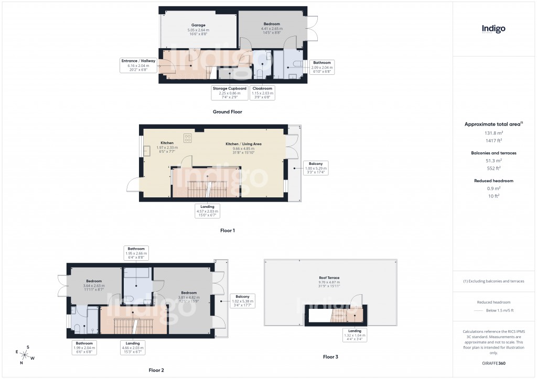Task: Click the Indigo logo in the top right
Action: (x=493, y=29)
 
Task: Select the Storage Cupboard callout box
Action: (x=229, y=93)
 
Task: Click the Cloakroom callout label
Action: (x=262, y=93)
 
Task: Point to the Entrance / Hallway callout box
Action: (x=138, y=65)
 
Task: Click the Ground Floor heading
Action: (x=227, y=112)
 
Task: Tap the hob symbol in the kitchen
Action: (x=188, y=138)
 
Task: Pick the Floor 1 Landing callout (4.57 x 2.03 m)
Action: (x=207, y=210)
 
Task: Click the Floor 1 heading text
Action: (x=227, y=230)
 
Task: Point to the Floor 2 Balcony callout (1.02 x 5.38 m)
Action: (x=242, y=300)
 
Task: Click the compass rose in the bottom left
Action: (x=25, y=354)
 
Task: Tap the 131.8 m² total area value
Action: (x=493, y=133)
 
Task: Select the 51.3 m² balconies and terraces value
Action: (x=493, y=161)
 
